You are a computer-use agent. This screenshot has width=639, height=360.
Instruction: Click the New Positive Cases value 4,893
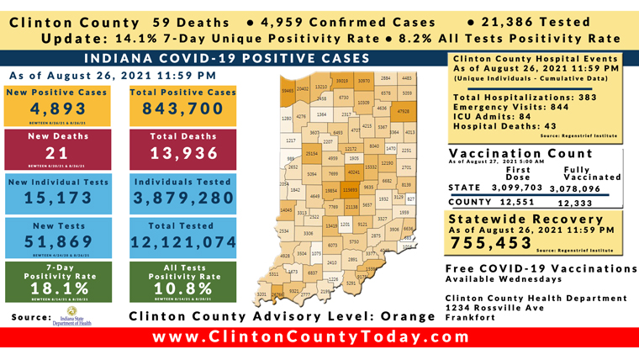tap(57, 110)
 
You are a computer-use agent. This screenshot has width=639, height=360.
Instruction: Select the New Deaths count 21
tap(57, 153)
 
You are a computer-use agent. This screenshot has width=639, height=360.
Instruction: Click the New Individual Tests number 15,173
tap(57, 198)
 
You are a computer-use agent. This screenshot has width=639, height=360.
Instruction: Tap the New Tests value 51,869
tap(57, 242)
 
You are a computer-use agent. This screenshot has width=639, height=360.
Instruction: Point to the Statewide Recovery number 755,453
tap(494, 242)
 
